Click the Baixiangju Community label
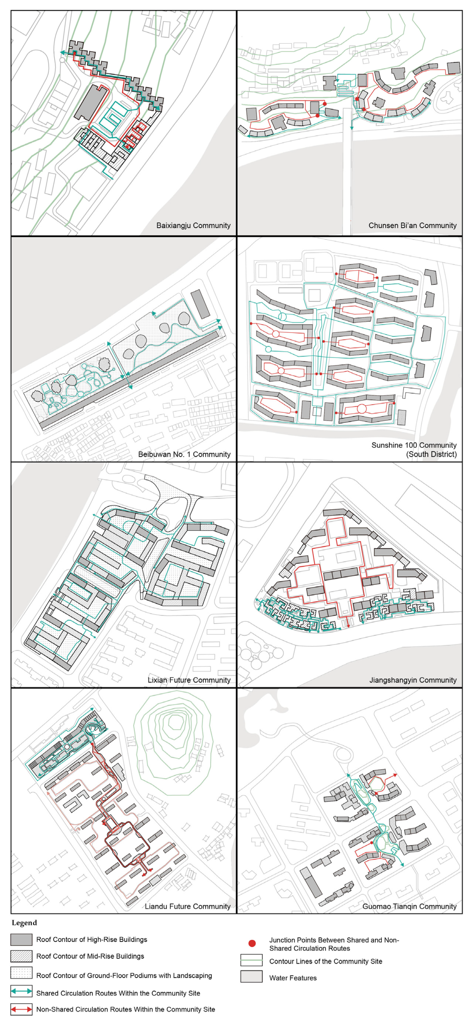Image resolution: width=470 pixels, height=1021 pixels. (193, 226)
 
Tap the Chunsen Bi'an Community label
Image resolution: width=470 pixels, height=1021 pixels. (413, 226)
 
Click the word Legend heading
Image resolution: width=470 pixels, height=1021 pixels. (24, 923)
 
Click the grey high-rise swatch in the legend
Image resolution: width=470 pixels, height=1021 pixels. (21, 939)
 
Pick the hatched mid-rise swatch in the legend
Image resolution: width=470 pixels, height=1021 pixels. (21, 956)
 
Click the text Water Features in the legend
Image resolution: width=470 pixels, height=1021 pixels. (293, 978)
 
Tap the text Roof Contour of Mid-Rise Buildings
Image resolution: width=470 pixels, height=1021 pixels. (90, 956)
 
